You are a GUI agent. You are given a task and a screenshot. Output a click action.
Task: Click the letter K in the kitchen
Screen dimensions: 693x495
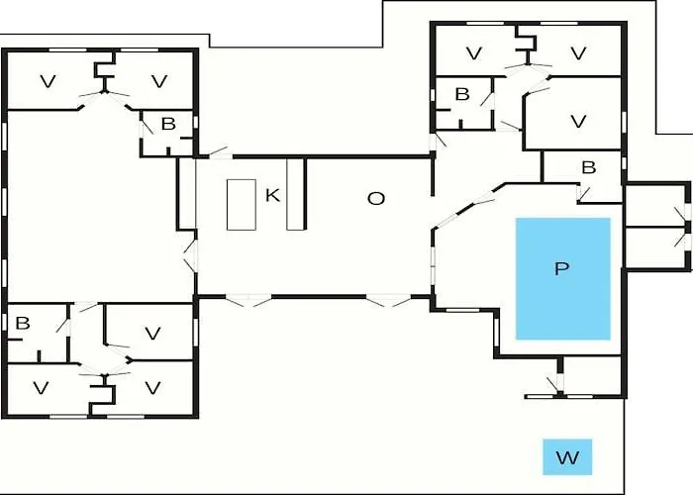point(272,195)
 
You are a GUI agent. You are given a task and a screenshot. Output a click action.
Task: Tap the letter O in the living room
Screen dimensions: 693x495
point(376,199)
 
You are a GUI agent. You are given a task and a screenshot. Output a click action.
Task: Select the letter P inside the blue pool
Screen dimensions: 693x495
point(561,268)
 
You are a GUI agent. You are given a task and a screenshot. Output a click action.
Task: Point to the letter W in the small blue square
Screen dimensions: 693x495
point(567,457)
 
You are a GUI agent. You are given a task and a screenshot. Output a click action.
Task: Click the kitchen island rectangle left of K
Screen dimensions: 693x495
point(242,205)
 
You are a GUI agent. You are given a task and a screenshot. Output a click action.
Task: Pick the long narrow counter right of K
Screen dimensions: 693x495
point(295,194)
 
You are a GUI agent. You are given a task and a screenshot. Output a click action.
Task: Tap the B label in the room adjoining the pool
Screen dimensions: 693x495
point(589,167)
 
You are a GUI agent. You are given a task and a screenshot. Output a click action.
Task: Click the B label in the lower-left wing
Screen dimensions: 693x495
point(23,323)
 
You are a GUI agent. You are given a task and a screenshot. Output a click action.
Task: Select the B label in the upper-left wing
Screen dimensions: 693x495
point(168,124)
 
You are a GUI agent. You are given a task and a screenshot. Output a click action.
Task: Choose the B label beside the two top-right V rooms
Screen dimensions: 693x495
point(462,94)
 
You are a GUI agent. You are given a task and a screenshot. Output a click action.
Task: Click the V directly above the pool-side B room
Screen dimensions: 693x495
point(578,121)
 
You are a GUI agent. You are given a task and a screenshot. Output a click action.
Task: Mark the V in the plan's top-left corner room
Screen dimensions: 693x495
point(49,81)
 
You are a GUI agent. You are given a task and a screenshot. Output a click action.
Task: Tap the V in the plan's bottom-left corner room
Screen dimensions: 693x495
point(41,388)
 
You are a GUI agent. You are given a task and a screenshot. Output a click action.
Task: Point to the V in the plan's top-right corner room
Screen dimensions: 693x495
point(578,53)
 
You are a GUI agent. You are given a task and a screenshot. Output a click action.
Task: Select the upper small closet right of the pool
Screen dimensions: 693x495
point(656,206)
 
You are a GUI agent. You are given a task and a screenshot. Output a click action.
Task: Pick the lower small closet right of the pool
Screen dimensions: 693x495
point(656,247)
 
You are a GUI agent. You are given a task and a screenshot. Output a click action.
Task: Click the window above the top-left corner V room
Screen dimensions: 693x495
point(67,49)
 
